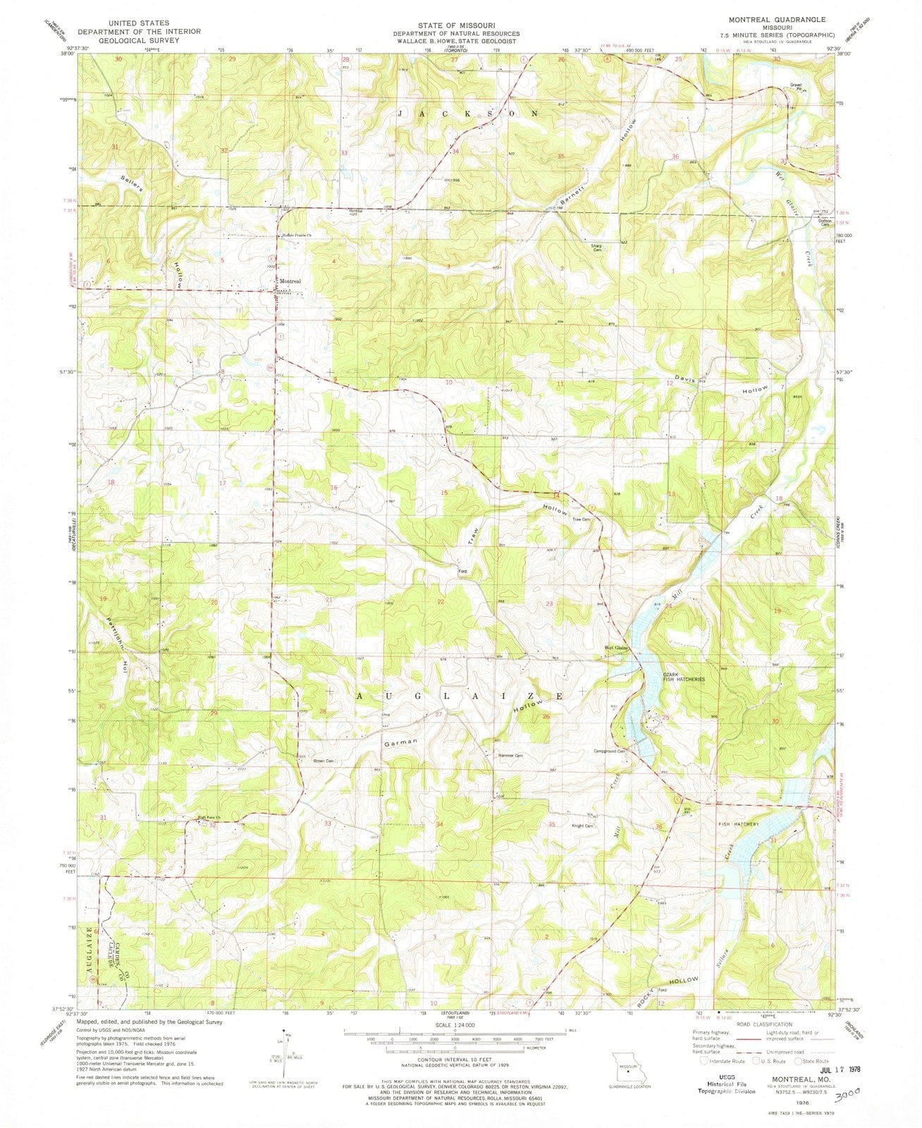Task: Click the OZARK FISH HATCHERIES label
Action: coord(683,675)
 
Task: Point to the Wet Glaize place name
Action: coord(615,647)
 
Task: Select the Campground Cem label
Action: coord(610,751)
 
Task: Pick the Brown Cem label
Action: coord(324,761)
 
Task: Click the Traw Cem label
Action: coord(580,520)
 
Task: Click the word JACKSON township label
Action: coord(469,113)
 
